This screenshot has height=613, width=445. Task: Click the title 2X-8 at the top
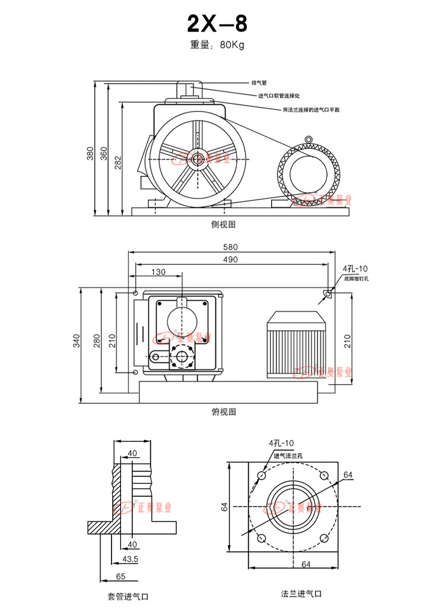click(217, 24)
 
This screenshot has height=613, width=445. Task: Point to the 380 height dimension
click(90, 153)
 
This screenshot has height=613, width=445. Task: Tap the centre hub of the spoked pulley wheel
click(196, 159)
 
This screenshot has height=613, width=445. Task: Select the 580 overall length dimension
click(230, 247)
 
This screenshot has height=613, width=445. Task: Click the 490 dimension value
click(230, 260)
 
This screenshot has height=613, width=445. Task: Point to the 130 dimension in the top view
click(158, 272)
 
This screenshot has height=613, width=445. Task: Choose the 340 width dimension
click(77, 340)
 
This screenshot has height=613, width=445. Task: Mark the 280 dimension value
click(97, 340)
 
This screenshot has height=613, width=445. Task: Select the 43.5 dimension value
click(130, 560)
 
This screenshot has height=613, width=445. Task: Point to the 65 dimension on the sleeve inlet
click(120, 576)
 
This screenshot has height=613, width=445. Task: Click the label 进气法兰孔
click(288, 456)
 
